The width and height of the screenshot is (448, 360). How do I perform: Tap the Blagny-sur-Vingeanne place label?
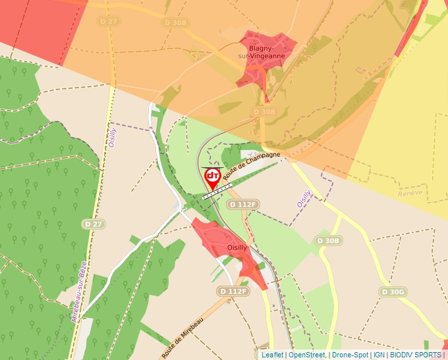point(267,52)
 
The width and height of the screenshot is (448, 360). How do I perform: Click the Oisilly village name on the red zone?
point(237,247)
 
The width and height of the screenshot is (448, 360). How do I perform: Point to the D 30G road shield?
point(393,292)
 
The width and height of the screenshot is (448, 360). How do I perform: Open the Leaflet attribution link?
point(272,355)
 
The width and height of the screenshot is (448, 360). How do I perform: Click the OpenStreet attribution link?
point(306,355)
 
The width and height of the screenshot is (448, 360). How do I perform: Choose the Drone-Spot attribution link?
point(349,355)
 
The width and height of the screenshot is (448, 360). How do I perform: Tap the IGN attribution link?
point(379,355)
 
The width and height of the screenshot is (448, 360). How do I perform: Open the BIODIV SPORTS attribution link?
point(415,355)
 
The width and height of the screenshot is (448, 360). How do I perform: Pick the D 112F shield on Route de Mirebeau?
point(233,291)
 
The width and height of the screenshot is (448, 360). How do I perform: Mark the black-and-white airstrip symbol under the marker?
point(217,192)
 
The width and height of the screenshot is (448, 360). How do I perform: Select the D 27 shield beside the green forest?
point(94,224)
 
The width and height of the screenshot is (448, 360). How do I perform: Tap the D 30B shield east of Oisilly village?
point(328,241)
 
